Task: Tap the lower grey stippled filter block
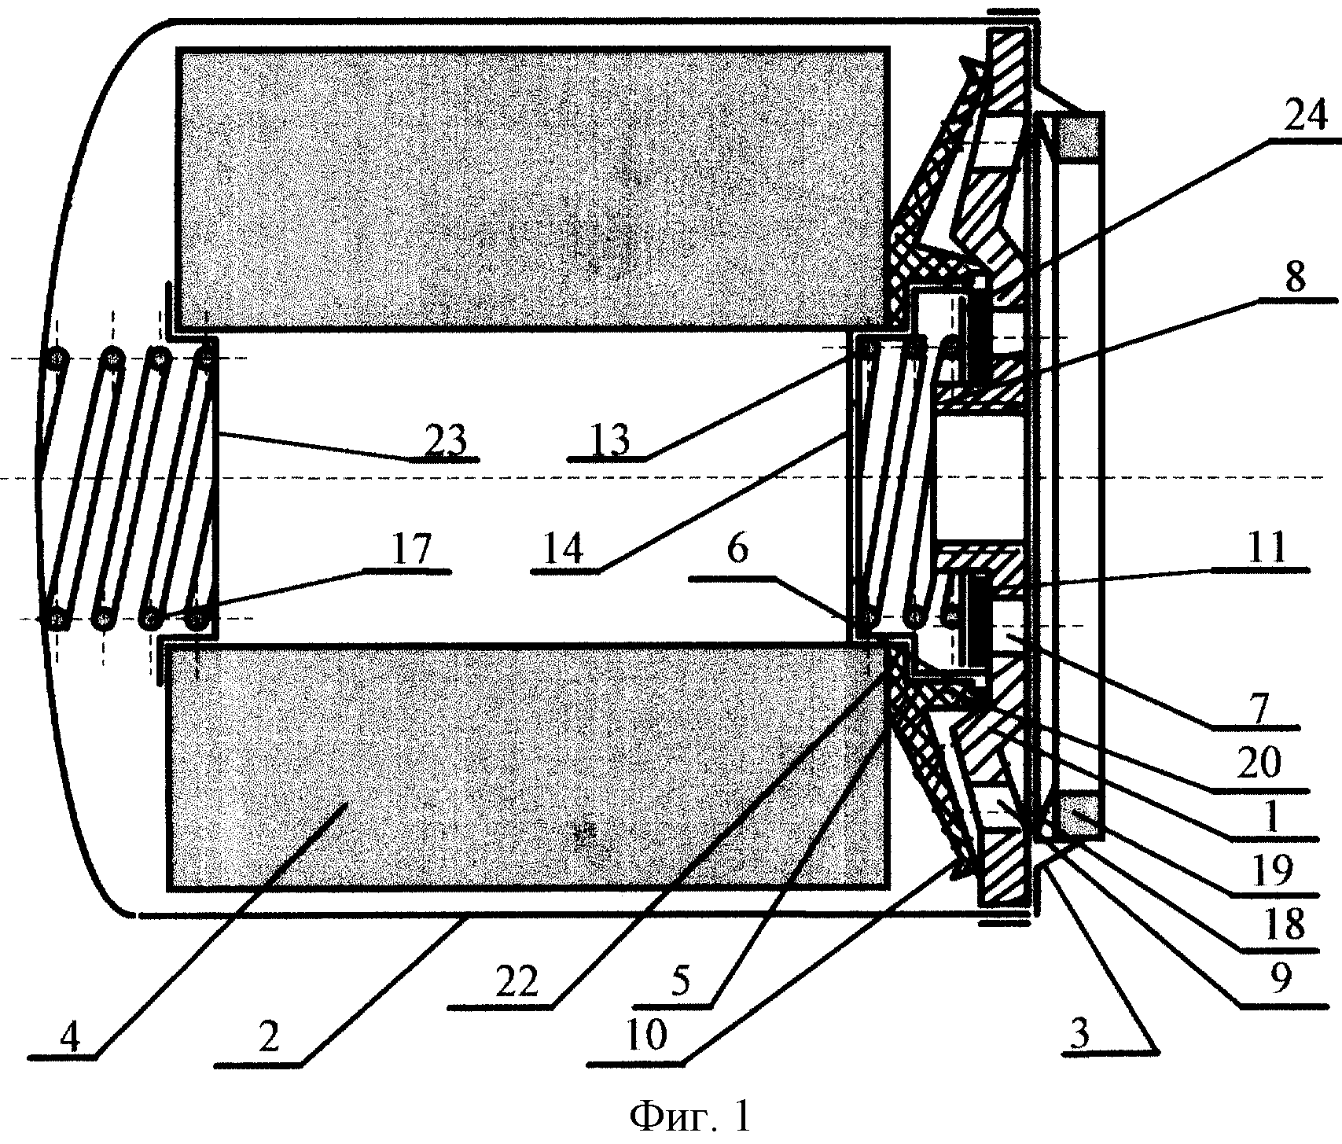point(526,766)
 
